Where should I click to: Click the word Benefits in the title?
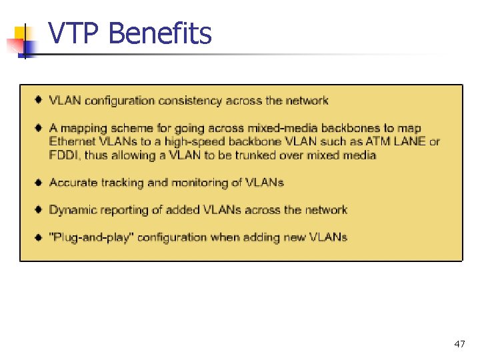159,33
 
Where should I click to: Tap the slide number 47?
459,344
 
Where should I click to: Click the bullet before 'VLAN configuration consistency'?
40,101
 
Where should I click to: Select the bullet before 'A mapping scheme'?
40,127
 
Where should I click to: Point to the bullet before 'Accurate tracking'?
40,182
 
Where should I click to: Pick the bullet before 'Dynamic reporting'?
40,209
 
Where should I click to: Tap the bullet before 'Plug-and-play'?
40,237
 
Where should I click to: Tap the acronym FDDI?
64,155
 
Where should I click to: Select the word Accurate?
73,183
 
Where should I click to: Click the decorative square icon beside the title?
20,40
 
